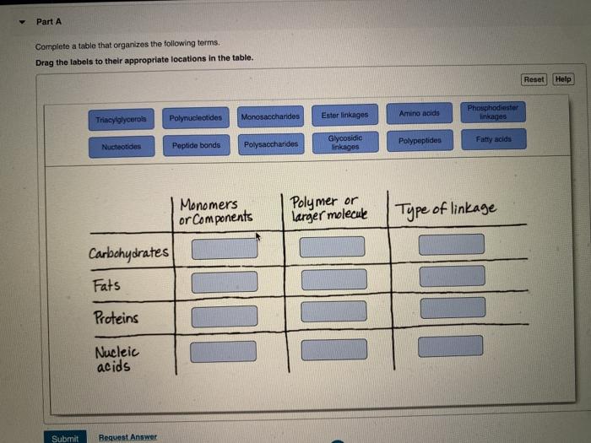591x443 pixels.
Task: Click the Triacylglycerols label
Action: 121,119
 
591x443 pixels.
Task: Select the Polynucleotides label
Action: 196,117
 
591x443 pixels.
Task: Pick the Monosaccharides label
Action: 270,116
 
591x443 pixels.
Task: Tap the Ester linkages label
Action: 344,115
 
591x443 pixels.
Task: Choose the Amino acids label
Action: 419,113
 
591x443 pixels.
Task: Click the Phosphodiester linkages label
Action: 494,111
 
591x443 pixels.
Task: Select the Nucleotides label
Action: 122,147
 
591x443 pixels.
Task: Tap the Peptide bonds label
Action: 196,145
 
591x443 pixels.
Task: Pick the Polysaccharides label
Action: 271,144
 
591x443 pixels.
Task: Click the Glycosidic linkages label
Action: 344,142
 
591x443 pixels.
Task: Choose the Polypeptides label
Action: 420,140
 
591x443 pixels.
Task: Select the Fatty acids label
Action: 494,138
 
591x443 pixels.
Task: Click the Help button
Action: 563,79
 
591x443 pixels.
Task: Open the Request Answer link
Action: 127,437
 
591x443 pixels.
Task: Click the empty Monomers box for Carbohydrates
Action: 225,249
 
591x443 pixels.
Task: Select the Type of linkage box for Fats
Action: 453,276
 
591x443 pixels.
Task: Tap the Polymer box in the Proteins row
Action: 334,311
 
